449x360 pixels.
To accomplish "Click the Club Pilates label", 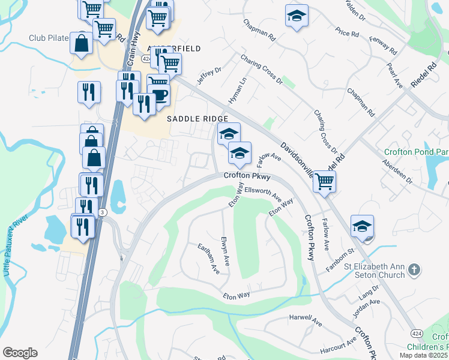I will (49, 38).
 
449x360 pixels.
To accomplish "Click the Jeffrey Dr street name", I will (209, 77).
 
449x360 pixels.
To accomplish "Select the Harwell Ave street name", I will (306, 320).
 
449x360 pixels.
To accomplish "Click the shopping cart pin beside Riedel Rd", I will (324, 181).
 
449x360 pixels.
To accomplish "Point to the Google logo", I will (20, 353).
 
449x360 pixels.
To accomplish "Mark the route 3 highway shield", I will (103, 212).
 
